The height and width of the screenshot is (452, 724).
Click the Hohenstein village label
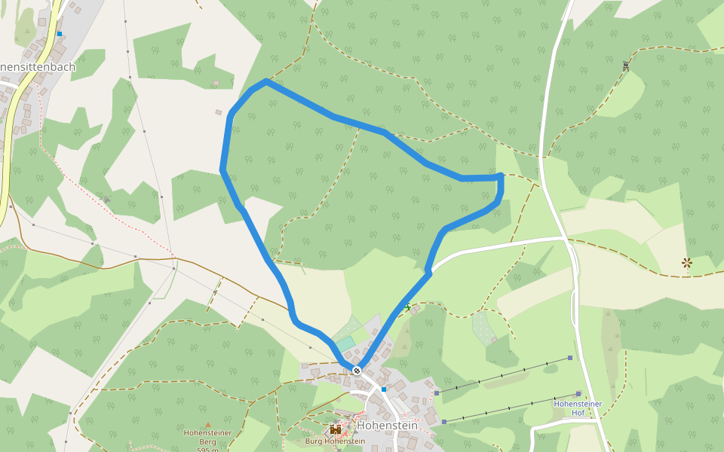388,426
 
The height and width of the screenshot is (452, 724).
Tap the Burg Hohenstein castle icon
336,429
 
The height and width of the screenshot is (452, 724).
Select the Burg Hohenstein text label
330,441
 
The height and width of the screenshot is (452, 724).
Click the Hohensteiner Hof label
578,408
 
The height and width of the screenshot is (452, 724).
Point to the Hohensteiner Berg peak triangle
208,425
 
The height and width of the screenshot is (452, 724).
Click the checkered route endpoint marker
356,371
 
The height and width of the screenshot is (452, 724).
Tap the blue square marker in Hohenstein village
384,389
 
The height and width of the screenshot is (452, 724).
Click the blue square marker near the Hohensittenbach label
59,33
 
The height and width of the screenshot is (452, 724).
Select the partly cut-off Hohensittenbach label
38,67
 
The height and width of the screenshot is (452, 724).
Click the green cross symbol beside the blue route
408,307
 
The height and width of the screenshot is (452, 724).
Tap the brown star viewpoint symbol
686,263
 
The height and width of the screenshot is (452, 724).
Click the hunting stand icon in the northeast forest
626,66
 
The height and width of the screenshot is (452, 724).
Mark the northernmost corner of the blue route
265,81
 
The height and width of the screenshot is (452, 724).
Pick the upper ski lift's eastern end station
571,358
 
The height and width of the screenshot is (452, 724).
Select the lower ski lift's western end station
444,422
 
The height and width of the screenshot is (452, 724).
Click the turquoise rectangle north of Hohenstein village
345,344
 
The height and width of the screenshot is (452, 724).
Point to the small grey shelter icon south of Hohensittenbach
106,199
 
